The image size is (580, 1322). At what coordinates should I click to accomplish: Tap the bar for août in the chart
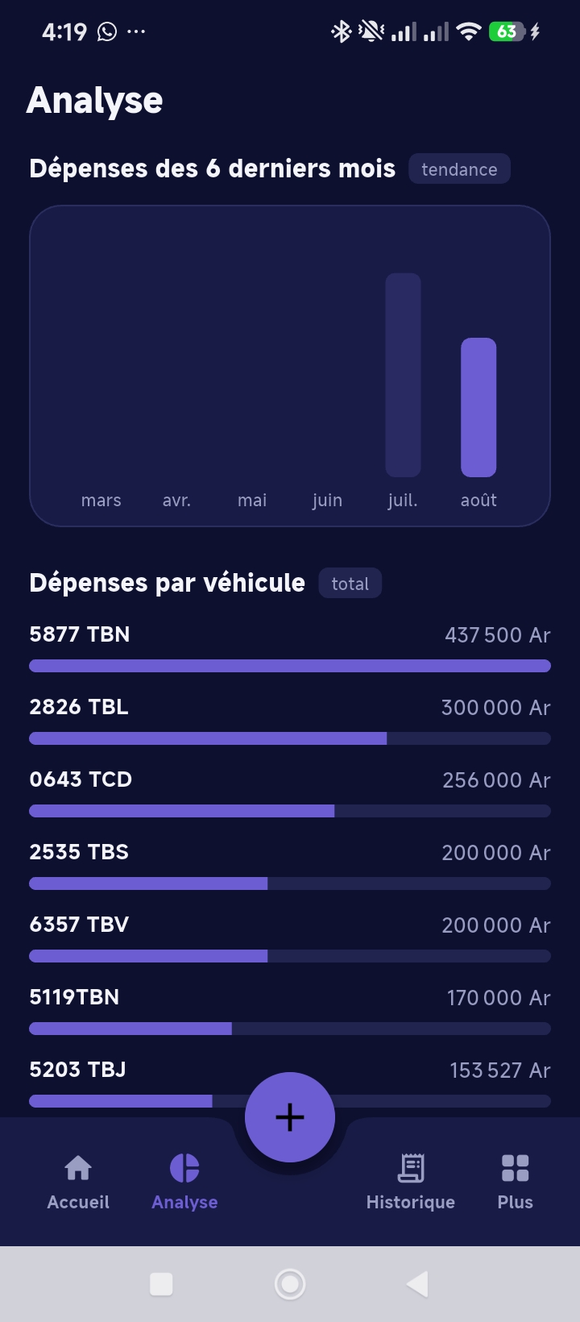(x=478, y=407)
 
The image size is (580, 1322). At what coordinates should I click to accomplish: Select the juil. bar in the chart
(x=403, y=375)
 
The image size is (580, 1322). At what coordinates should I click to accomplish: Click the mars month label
(x=101, y=501)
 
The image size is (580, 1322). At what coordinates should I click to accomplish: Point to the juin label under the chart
(x=328, y=501)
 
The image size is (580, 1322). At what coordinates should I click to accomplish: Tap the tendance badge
(x=459, y=169)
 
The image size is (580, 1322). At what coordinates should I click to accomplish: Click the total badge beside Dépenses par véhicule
(x=350, y=584)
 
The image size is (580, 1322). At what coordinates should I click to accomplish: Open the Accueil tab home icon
(x=78, y=1168)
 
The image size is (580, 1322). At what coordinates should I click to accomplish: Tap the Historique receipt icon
(x=411, y=1168)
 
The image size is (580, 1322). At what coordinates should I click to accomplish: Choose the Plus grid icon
(x=515, y=1168)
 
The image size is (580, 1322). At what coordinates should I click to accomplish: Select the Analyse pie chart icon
(x=184, y=1168)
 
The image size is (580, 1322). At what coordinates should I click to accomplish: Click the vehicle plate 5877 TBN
(x=80, y=634)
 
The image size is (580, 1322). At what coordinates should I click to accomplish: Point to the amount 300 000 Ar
(x=495, y=708)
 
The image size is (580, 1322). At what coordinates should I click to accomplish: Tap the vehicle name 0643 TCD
(x=81, y=779)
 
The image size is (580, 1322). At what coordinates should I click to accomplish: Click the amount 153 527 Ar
(x=499, y=1070)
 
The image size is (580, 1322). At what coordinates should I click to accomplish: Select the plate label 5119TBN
(x=74, y=997)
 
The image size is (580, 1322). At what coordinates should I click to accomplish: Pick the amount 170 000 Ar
(x=499, y=998)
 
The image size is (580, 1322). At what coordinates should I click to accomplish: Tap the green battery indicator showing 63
(x=506, y=31)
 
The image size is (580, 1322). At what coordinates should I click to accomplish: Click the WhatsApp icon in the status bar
(x=107, y=31)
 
